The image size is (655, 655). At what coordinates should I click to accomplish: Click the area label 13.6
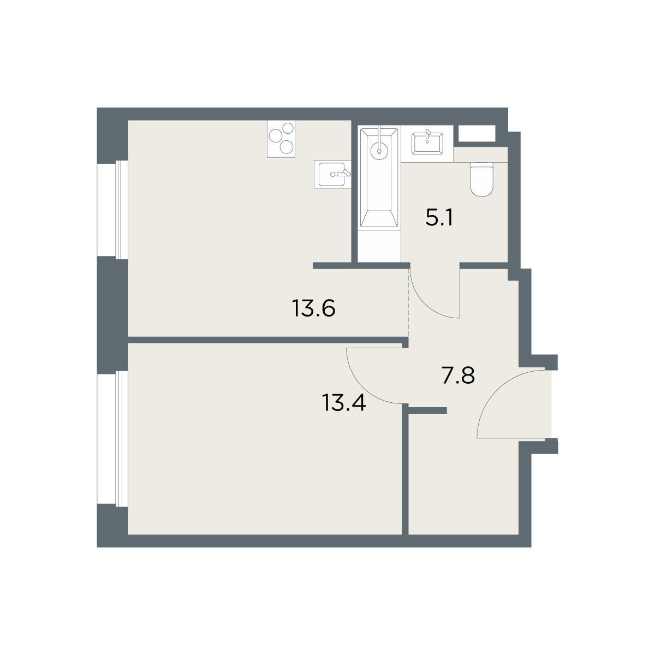pyautogui.click(x=313, y=308)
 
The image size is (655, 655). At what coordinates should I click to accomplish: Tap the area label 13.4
pyautogui.click(x=344, y=402)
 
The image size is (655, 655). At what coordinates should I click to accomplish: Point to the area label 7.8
pyautogui.click(x=458, y=375)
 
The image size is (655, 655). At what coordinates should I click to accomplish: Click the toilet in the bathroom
pyautogui.click(x=481, y=179)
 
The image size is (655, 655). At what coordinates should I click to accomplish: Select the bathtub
pyautogui.click(x=379, y=177)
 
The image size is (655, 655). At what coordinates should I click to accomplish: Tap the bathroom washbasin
pyautogui.click(x=427, y=144)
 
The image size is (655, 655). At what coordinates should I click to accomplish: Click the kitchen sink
pyautogui.click(x=332, y=174)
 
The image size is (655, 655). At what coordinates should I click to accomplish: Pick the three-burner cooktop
pyautogui.click(x=281, y=139)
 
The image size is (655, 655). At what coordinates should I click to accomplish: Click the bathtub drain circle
pyautogui.click(x=379, y=151)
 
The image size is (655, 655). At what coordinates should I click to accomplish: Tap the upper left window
pyautogui.click(x=112, y=210)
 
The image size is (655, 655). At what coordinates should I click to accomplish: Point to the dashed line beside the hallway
pyautogui.click(x=408, y=302)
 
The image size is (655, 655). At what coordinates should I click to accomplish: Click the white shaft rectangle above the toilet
pyautogui.click(x=477, y=133)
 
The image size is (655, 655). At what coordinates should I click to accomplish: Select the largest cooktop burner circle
pyautogui.click(x=275, y=136)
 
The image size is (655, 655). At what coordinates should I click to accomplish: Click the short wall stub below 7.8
pyautogui.click(x=427, y=410)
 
